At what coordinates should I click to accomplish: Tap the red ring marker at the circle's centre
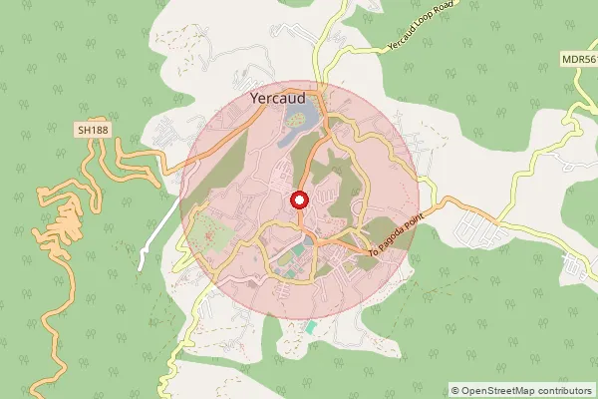point(299,201)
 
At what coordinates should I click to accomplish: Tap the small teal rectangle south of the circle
point(311,327)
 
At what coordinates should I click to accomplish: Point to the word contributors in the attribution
point(566,390)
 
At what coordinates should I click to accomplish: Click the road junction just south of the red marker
point(299,225)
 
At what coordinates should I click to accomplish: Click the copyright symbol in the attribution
point(455,390)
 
